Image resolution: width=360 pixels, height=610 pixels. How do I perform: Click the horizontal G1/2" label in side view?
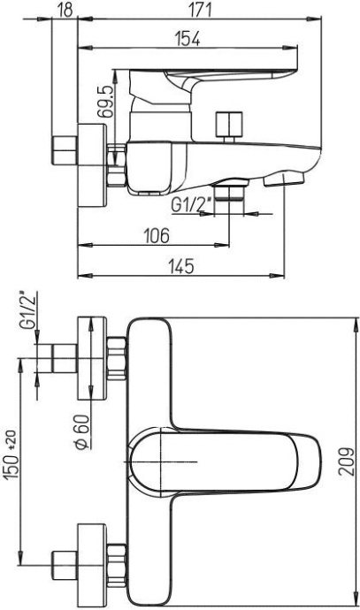click(x=190, y=207)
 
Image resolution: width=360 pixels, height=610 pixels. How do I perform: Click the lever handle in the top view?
click(x=230, y=459)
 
